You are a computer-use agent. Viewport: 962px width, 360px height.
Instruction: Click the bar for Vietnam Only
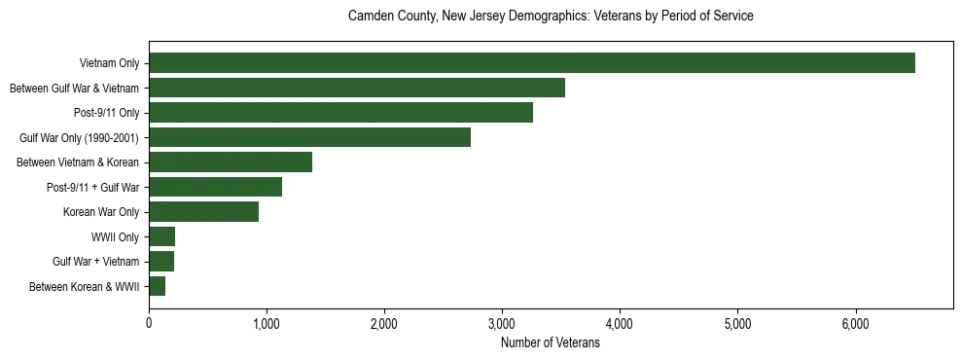(532, 63)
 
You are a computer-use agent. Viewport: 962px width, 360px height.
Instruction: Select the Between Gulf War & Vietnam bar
(357, 89)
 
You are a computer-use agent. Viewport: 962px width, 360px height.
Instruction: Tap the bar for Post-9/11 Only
(340, 113)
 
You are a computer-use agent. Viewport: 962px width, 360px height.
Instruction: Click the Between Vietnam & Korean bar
(231, 162)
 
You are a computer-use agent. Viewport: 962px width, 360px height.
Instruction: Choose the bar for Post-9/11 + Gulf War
(215, 187)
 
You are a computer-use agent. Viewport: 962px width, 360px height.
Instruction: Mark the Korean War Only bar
(203, 212)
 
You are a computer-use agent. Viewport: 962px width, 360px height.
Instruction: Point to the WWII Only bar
(161, 236)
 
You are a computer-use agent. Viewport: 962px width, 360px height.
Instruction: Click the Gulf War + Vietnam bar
(161, 262)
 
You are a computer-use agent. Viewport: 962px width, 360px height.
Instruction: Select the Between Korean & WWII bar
(157, 286)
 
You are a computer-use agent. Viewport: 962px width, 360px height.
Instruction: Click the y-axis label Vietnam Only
(109, 64)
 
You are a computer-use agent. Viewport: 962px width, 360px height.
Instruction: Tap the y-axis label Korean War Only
(101, 212)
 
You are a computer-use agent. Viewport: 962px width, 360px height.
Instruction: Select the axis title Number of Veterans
(550, 342)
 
